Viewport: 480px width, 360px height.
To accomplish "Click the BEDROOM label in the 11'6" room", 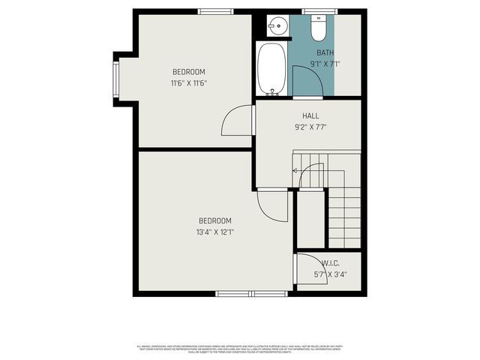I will [x=188, y=72].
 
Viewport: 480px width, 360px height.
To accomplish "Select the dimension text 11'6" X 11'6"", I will [x=188, y=83].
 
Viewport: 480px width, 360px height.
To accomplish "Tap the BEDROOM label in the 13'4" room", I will [x=214, y=220].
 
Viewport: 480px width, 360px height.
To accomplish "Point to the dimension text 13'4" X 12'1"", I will [x=214, y=232].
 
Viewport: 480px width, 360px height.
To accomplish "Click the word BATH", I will [x=325, y=52].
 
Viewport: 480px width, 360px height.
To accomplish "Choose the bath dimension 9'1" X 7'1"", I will [x=325, y=64].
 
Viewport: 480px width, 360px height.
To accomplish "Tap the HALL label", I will [x=310, y=115].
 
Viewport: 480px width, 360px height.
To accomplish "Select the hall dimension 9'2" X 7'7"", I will [x=310, y=127].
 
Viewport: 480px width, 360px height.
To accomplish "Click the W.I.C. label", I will [x=330, y=263].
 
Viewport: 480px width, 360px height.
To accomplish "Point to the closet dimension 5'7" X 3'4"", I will [x=330, y=274].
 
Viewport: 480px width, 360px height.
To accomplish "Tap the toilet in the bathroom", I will [x=317, y=28].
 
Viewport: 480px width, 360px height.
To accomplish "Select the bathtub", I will [x=271, y=69].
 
